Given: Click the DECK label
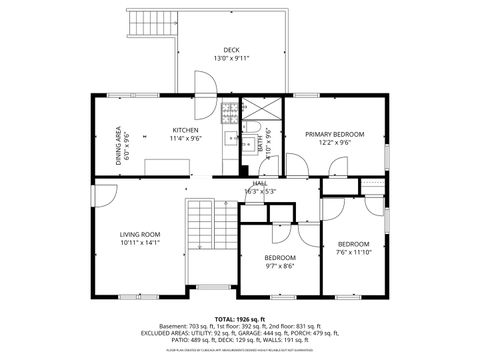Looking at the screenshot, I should (x=231, y=49).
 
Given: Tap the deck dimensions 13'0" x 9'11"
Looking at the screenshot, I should (x=231, y=59).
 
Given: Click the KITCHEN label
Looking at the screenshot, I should (x=185, y=130).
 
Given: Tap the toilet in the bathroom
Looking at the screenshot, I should (x=270, y=135).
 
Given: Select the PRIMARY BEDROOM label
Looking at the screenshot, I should (x=334, y=134).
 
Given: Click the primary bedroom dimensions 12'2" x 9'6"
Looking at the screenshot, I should (x=334, y=143).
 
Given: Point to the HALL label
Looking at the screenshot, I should (x=259, y=184).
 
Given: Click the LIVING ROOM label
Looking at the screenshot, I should (x=140, y=234).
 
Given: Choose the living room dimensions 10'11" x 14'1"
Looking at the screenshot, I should (x=140, y=243).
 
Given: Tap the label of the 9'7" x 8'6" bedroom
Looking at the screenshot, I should (x=280, y=257).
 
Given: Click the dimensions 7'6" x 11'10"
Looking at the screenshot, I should (x=353, y=253).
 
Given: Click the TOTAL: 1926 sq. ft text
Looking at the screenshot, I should (x=239, y=317).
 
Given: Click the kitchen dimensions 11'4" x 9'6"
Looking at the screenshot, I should (x=185, y=139).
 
